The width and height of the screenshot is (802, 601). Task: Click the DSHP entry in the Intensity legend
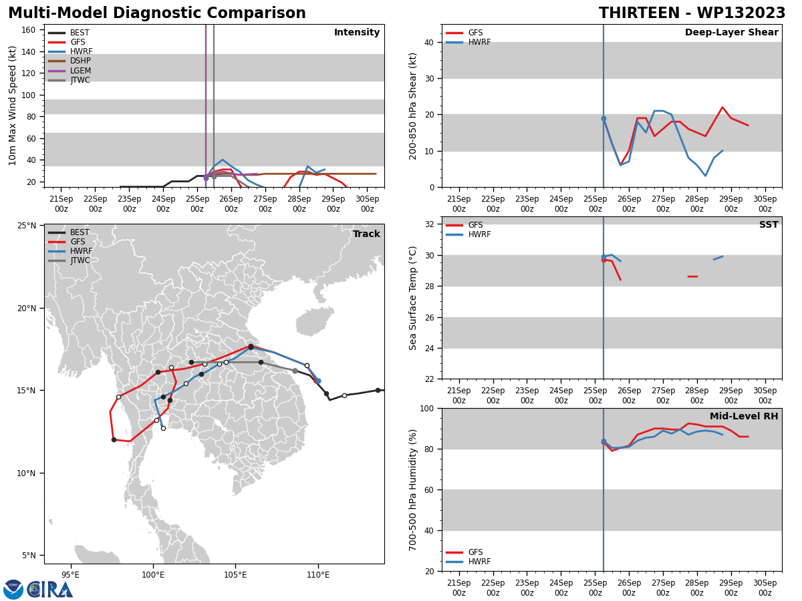coord(70,61)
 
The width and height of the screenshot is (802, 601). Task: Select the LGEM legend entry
coord(70,70)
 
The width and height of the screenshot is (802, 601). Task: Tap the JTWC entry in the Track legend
coord(69,260)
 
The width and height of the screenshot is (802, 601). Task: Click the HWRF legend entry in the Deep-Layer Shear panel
coord(468,42)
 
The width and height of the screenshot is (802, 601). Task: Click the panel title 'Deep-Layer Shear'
coord(731,32)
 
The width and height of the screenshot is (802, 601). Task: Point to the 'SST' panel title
coord(769,224)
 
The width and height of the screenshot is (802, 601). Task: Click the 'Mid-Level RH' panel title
coord(744,416)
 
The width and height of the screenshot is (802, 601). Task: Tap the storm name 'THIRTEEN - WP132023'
coord(692,13)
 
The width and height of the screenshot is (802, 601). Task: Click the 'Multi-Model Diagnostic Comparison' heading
coord(157,13)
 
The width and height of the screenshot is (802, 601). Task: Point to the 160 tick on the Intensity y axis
coord(28,30)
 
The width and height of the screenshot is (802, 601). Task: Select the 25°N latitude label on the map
coord(27,226)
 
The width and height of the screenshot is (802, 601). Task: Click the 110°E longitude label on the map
coord(318,575)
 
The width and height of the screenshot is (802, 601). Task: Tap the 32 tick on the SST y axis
coord(430,224)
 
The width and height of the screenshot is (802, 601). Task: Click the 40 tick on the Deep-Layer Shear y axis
coord(429,42)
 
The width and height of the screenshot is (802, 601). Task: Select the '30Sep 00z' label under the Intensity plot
coord(367,204)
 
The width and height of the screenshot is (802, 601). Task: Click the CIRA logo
coord(38,589)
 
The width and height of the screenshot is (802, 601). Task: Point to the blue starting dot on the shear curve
coord(604,119)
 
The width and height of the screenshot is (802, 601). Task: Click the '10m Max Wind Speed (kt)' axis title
coord(12,106)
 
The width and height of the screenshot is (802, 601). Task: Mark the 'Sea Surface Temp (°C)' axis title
coord(412,298)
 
